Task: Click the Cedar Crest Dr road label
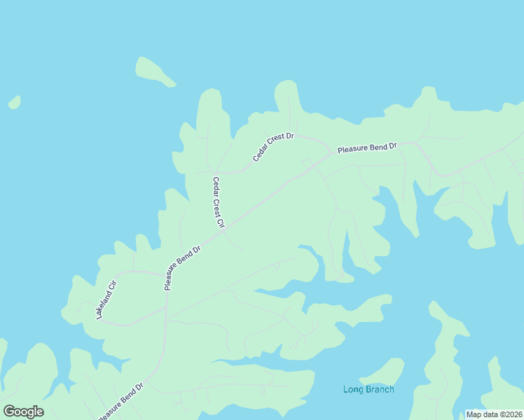[273, 146]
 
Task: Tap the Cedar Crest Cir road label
[218, 202]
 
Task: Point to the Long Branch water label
[368, 389]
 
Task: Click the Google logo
[23, 412]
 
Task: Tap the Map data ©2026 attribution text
[493, 414]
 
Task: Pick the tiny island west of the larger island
[14, 103]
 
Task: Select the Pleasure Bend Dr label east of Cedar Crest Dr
[367, 148]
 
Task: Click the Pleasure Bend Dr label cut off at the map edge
[120, 400]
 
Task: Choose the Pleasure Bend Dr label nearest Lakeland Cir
[182, 267]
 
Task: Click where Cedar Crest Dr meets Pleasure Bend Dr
[331, 152]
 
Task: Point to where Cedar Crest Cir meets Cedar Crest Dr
[216, 171]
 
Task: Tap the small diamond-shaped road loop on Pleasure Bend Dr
[307, 163]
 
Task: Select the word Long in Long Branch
[352, 389]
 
